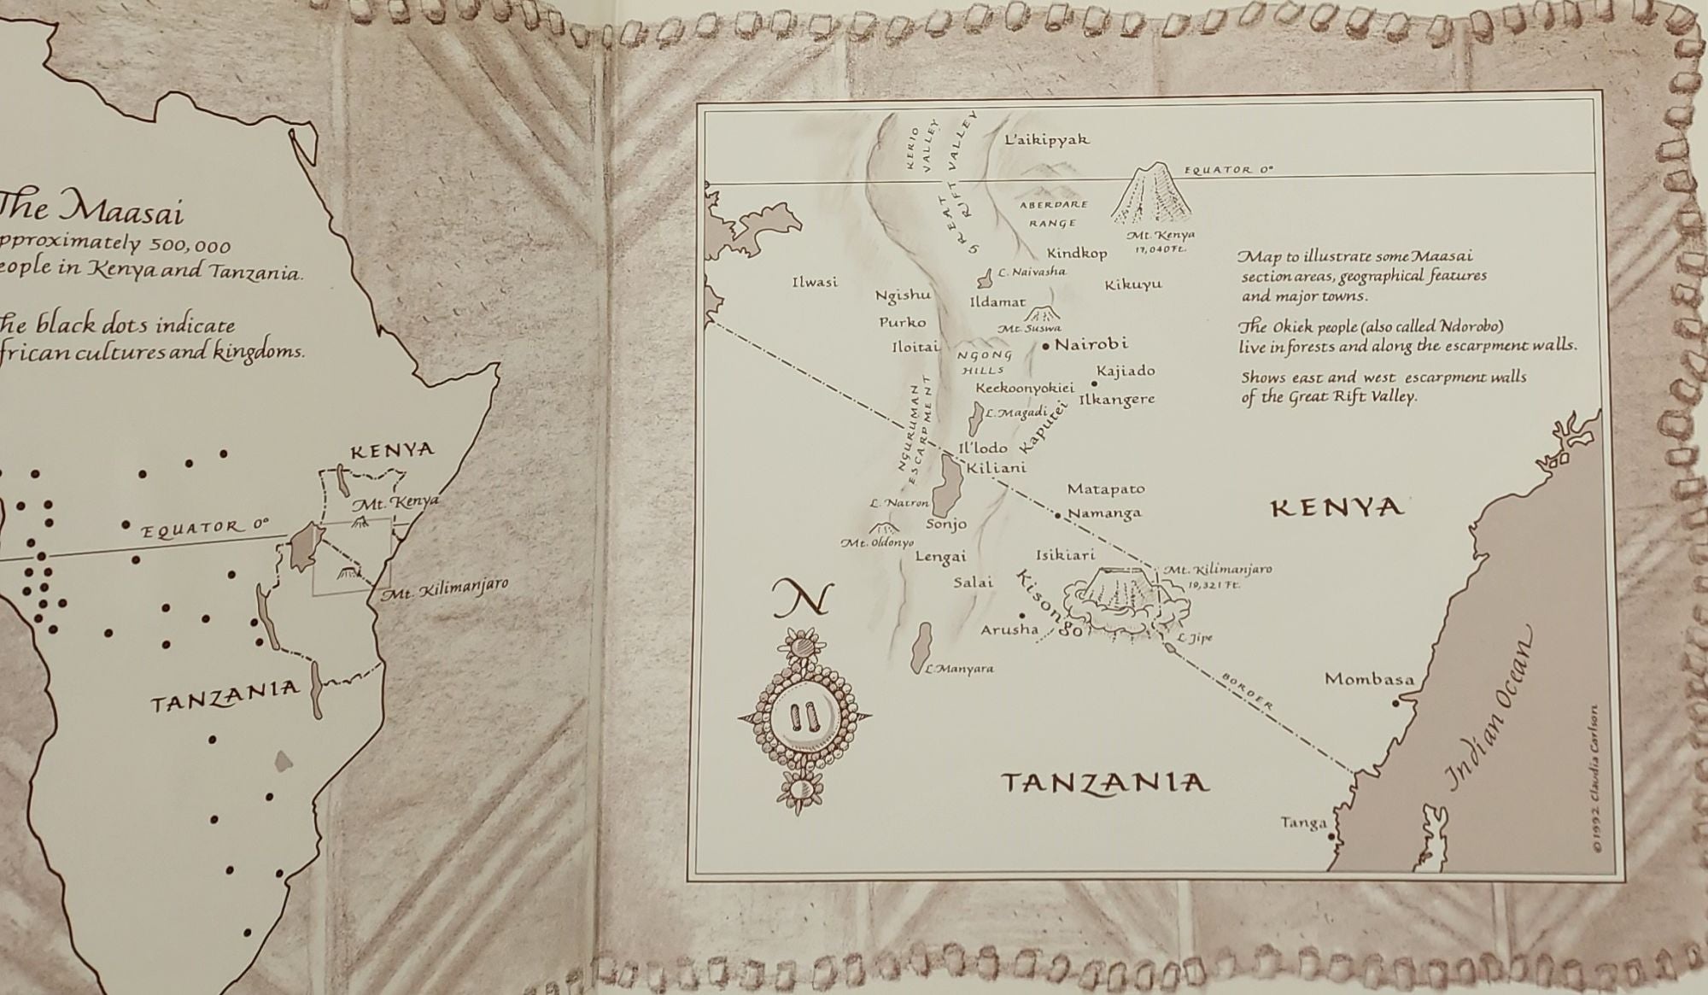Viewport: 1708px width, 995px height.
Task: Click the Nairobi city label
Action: pyautogui.click(x=1091, y=344)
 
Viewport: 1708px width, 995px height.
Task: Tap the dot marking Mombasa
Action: pyautogui.click(x=1395, y=702)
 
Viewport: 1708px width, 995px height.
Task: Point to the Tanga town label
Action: pyautogui.click(x=1303, y=823)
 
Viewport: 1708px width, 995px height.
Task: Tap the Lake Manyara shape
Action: pyautogui.click(x=921, y=647)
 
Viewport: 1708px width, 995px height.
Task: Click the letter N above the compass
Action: pyautogui.click(x=800, y=599)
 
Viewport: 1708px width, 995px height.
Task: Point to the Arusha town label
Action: pyautogui.click(x=1009, y=630)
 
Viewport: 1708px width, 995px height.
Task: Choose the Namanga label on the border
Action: pyautogui.click(x=1104, y=513)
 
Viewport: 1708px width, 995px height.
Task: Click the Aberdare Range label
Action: pyautogui.click(x=1053, y=214)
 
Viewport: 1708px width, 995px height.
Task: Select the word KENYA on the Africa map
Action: pyautogui.click(x=392, y=450)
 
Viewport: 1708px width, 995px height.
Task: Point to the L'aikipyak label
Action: pyautogui.click(x=1047, y=139)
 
